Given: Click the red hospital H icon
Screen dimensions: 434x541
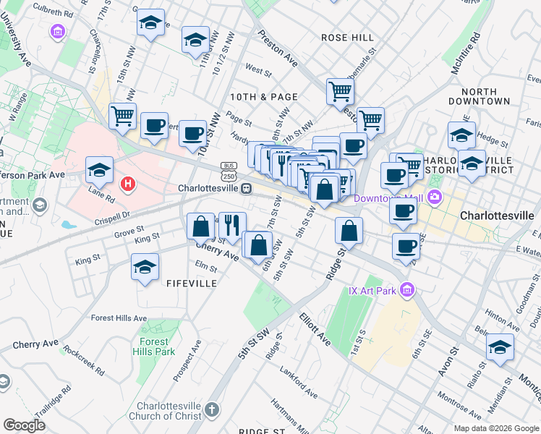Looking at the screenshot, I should coord(128,184).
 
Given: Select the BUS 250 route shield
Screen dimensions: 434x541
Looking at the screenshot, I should coord(229,172).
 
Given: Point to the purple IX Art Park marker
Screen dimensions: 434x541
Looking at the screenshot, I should coord(407,291).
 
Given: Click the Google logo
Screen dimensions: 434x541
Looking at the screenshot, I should coord(24,425).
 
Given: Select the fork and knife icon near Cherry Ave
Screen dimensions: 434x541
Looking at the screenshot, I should coord(232,224).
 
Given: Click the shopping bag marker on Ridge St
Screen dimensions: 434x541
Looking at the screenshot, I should coord(349,231).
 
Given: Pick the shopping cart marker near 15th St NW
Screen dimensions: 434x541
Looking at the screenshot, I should coord(122,115).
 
